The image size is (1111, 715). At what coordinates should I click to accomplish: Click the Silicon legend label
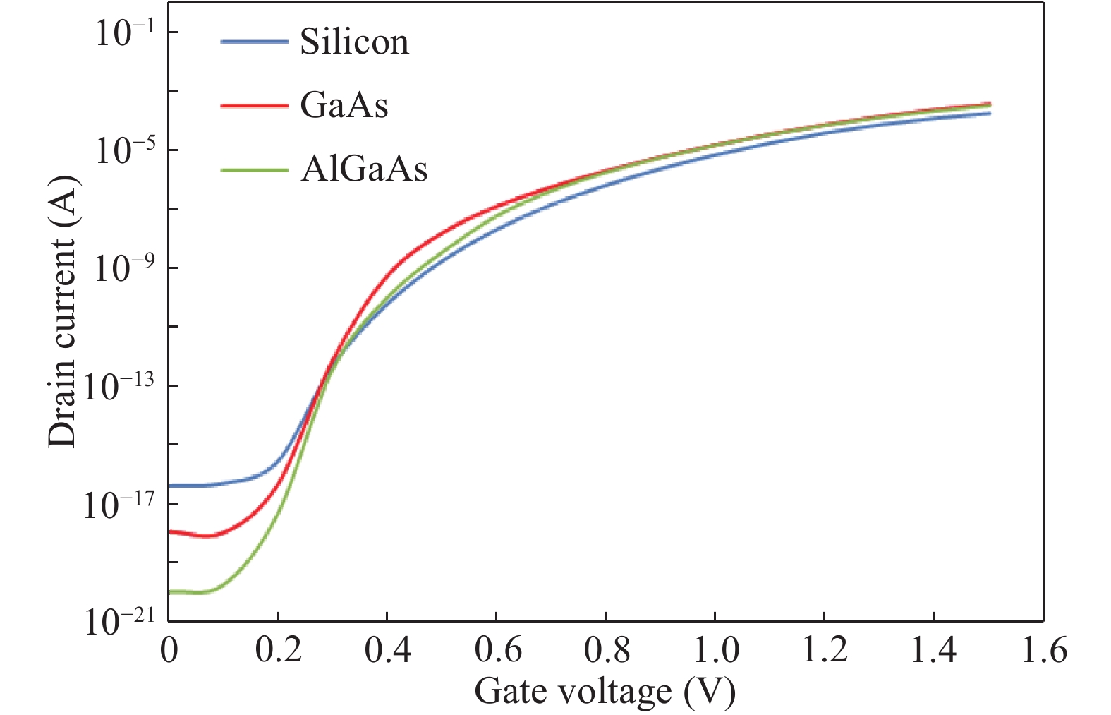pyautogui.click(x=354, y=42)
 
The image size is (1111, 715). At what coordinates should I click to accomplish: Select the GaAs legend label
pyautogui.click(x=344, y=105)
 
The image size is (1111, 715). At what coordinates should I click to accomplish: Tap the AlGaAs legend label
pyautogui.click(x=364, y=169)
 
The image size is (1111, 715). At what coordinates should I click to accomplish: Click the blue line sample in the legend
pyautogui.click(x=254, y=42)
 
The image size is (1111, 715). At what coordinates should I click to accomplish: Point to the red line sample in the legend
pyautogui.click(x=254, y=105)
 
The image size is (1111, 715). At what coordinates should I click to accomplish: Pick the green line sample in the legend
pyautogui.click(x=254, y=169)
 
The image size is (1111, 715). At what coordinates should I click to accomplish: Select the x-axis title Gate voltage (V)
pyautogui.click(x=605, y=691)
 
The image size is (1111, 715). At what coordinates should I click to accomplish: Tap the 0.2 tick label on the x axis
pyautogui.click(x=278, y=650)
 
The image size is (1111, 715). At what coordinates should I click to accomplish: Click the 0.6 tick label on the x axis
pyautogui.click(x=497, y=650)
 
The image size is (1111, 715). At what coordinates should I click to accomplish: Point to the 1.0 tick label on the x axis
pyautogui.click(x=716, y=650)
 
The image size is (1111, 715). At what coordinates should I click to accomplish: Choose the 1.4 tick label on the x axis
pyautogui.click(x=934, y=650)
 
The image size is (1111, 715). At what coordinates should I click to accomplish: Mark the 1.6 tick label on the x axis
pyautogui.click(x=1043, y=650)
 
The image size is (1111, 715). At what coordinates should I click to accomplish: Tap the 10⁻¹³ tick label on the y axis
pyautogui.click(x=119, y=385)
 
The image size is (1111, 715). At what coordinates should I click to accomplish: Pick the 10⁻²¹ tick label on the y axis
pyautogui.click(x=119, y=621)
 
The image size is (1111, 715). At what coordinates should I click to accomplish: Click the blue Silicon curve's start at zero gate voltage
pyautogui.click(x=170, y=486)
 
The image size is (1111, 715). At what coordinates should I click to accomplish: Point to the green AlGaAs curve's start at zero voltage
pyautogui.click(x=170, y=591)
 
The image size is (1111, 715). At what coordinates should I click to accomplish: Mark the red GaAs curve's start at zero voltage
pyautogui.click(x=170, y=531)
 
